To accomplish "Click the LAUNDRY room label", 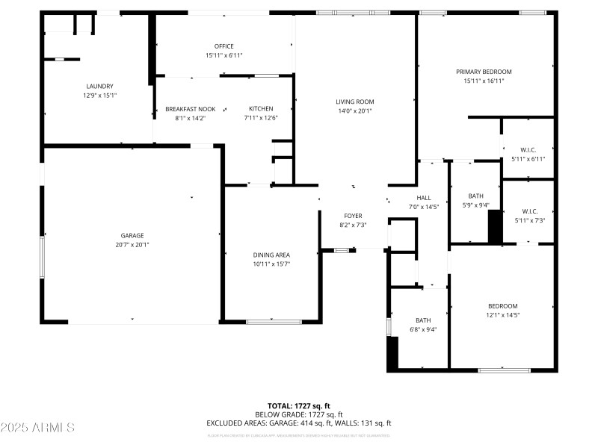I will (99, 86).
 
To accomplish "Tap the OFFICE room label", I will (224, 46).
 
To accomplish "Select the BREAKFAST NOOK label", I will (190, 109).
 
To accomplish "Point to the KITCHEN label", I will (261, 109).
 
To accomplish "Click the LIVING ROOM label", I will (354, 102).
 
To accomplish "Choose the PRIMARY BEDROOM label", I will (484, 72).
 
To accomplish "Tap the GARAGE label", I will (132, 235).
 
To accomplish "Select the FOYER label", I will (353, 216).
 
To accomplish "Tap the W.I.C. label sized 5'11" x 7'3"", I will (529, 211).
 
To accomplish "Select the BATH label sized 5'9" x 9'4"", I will (475, 196).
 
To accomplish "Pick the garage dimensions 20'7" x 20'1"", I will (132, 245).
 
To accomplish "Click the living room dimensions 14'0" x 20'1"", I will (354, 111).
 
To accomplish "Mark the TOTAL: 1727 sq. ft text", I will (299, 405).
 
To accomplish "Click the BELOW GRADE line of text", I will (299, 414).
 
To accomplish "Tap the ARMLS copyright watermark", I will (37, 427).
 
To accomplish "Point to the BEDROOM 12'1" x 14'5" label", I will (502, 306).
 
